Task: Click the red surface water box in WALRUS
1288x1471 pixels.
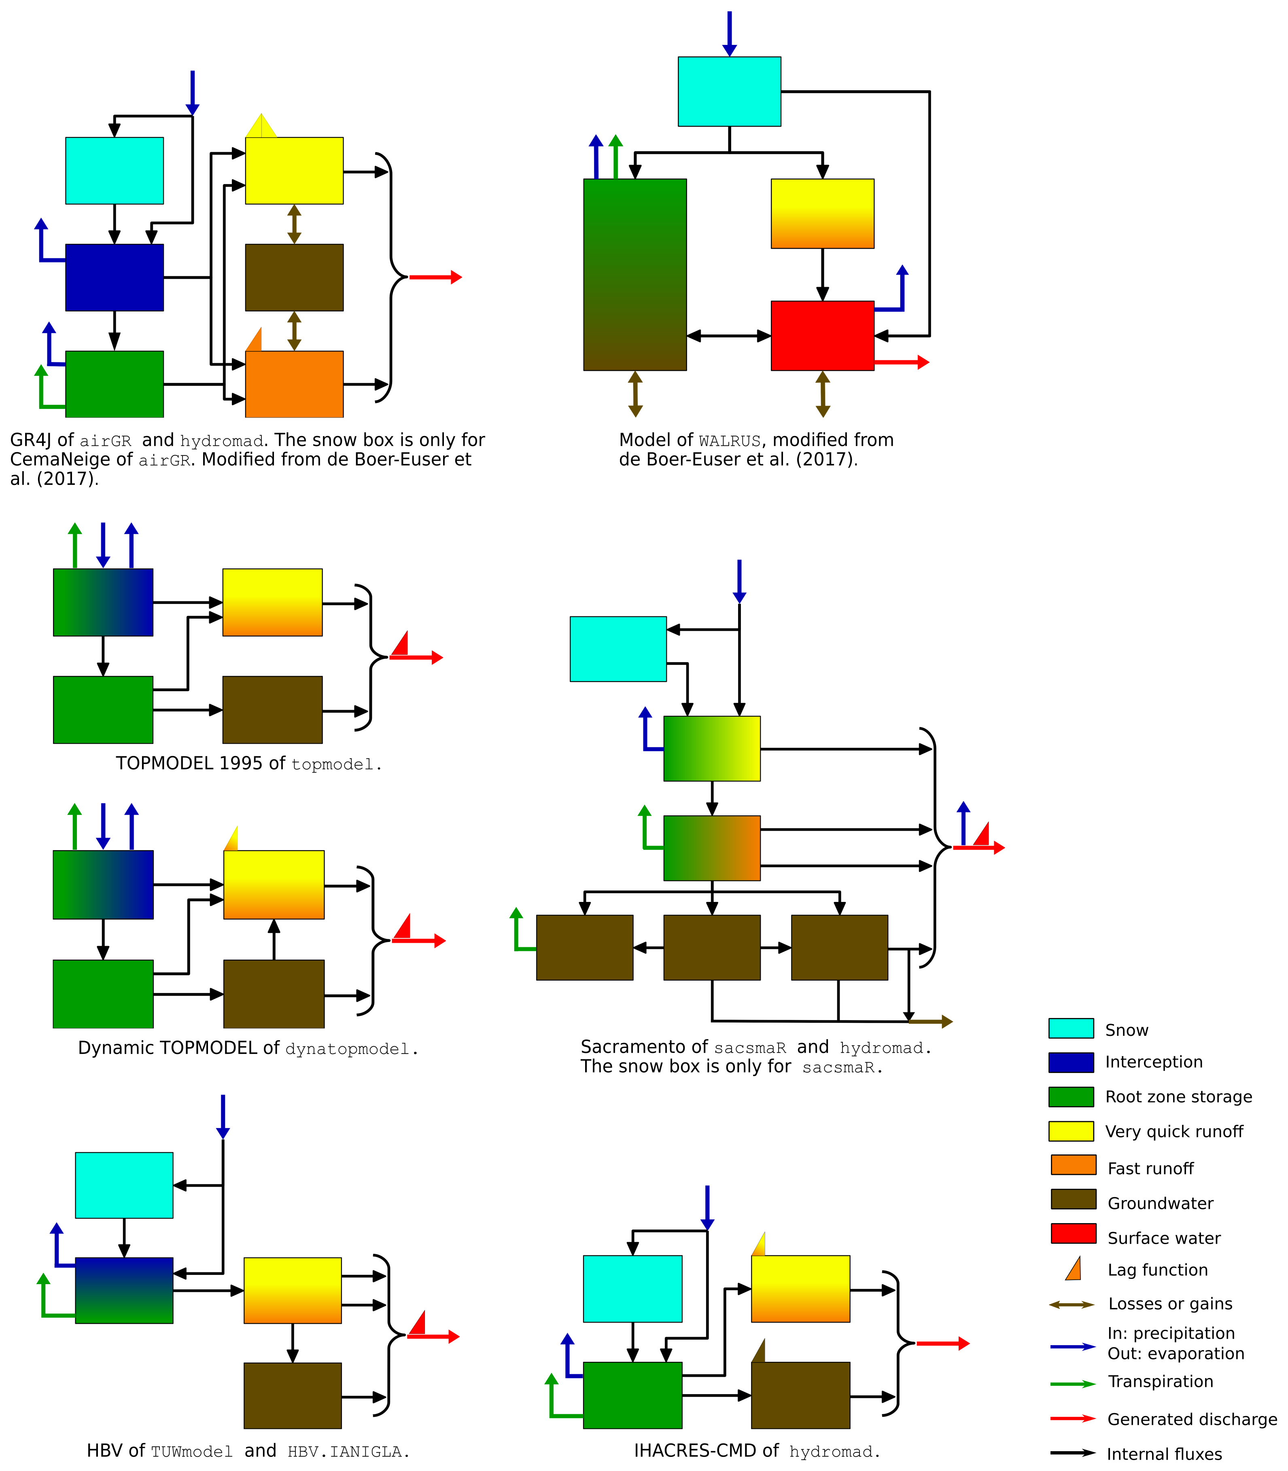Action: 822,335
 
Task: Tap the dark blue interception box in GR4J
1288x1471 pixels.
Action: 114,277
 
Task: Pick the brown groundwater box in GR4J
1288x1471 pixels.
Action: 294,277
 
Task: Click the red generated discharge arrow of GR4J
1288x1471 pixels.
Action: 435,277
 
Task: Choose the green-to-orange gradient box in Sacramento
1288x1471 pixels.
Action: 711,848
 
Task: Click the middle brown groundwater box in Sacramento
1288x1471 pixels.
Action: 711,947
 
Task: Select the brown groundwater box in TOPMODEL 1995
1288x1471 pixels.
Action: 272,710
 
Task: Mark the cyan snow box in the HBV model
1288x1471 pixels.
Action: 124,1185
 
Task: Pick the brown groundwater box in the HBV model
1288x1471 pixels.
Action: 293,1396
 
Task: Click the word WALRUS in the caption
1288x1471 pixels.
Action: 730,441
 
